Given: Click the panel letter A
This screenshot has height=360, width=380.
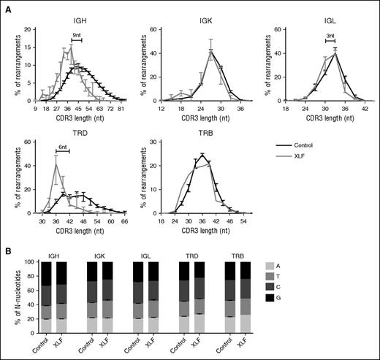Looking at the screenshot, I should pos(6,6).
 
